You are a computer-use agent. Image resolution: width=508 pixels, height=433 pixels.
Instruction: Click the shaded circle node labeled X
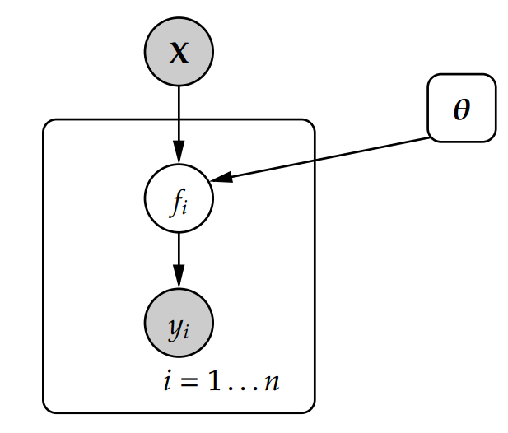click(179, 51)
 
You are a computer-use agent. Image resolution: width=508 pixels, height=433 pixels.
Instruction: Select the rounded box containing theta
click(461, 108)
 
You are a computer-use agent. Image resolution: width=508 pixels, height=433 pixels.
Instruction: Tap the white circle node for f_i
click(179, 199)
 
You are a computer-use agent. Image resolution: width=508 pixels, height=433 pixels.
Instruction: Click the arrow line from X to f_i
click(179, 115)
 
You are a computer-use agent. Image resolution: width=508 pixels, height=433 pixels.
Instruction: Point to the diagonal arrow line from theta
click(329, 158)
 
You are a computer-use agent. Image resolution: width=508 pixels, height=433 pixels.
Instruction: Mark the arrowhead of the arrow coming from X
click(179, 156)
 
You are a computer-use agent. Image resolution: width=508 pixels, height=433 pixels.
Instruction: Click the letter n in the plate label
click(271, 384)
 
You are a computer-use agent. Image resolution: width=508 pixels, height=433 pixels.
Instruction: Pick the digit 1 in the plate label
click(214, 384)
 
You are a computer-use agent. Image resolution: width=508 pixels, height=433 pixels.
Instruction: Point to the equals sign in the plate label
click(191, 384)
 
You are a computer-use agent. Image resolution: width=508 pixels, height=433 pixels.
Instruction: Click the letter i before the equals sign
click(168, 383)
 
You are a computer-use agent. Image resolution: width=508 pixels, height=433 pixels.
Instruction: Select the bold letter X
click(179, 53)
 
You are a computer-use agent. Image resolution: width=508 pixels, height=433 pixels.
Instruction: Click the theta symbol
click(462, 109)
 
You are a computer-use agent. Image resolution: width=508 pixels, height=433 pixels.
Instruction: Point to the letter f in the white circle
click(175, 201)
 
